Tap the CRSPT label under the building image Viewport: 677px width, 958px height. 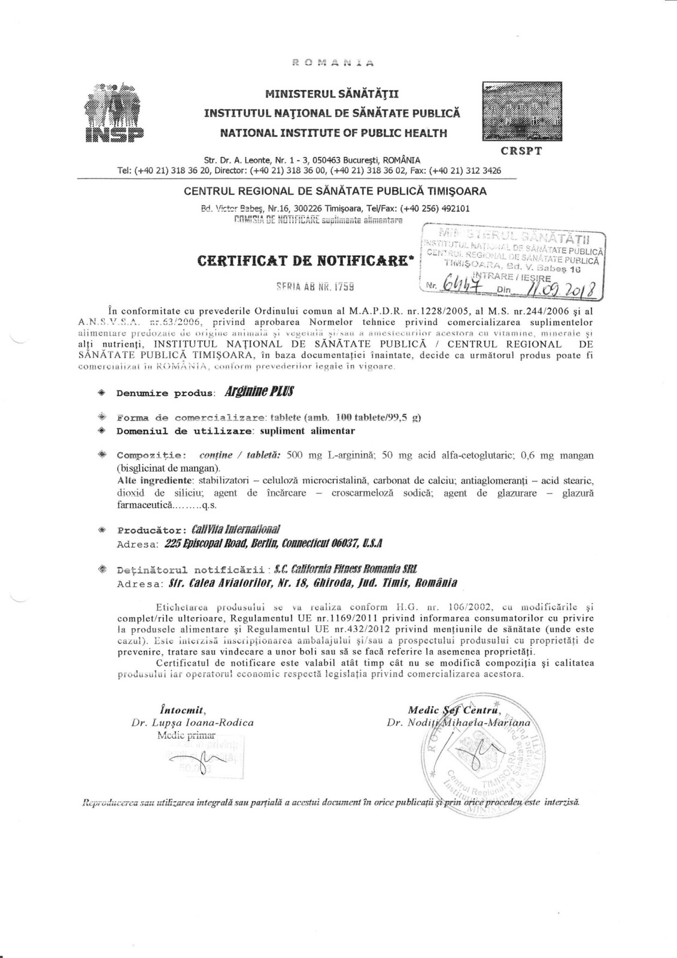521,150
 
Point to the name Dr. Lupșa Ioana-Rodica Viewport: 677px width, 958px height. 192,723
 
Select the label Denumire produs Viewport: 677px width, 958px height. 165,393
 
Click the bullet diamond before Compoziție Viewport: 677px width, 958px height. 102,454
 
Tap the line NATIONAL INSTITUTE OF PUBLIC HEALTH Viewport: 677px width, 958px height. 333,133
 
